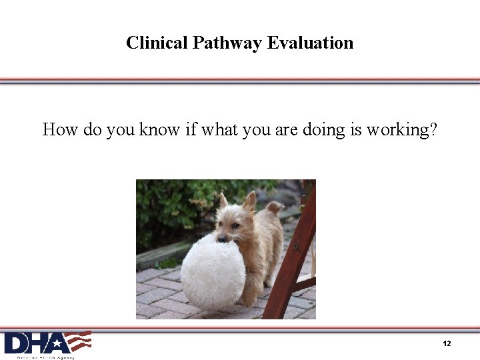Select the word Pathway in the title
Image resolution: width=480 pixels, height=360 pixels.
[227, 43]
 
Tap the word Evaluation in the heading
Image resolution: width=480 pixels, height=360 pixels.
[310, 43]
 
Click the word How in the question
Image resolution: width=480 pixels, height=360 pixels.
[60, 129]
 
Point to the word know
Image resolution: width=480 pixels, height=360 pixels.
[160, 129]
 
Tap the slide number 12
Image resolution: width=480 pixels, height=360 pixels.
[447, 343]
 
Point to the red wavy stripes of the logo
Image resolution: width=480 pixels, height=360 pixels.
[80, 341]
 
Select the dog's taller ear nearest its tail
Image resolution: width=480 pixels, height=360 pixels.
[249, 201]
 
